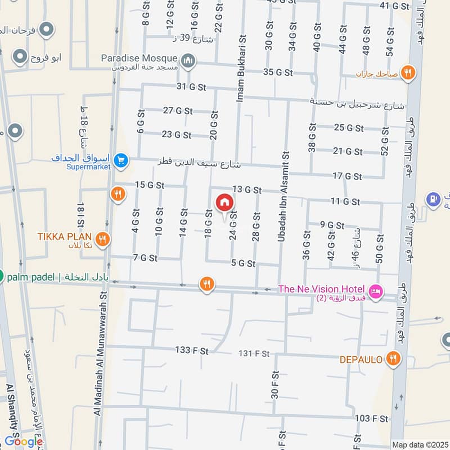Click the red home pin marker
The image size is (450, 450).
(224, 202)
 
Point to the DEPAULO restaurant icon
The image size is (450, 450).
(393, 359)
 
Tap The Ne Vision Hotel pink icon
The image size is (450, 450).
(376, 291)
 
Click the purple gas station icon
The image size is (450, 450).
(432, 198)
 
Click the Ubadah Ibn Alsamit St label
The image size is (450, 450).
(283, 197)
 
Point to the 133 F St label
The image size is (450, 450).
(192, 350)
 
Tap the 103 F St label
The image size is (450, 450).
(371, 418)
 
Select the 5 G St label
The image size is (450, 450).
(243, 263)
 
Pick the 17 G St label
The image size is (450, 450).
(346, 176)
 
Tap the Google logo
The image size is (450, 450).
(24, 442)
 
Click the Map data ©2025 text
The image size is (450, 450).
(419, 444)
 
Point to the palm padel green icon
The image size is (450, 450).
(2, 276)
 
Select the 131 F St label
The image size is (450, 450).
(254, 353)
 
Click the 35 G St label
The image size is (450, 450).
(278, 72)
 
